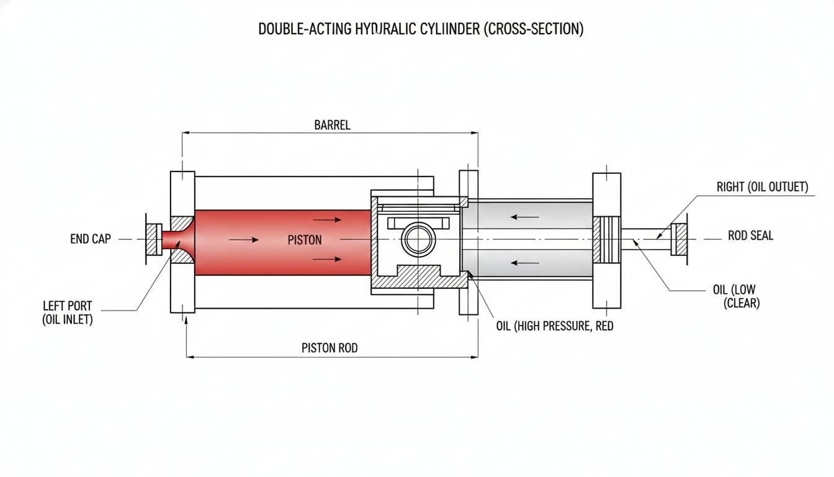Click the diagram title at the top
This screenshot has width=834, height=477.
pos(421,30)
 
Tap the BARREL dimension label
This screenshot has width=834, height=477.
pos(332,125)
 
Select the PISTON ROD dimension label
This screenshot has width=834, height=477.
pos(330,348)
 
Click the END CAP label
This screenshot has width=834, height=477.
pos(91,239)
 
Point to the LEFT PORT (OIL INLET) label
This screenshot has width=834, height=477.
pos(67,313)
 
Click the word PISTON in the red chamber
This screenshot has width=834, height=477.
pos(305,240)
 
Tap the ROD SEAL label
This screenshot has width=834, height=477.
pos(750,236)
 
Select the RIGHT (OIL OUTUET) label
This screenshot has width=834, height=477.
pos(762,187)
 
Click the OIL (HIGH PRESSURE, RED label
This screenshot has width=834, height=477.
pos(554,325)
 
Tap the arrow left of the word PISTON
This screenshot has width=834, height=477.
pos(243,240)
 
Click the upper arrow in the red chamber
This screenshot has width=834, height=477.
pos(327,219)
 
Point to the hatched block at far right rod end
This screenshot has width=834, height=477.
pos(679,239)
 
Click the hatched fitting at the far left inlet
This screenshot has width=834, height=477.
pos(153,239)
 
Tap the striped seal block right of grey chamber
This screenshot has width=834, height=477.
pos(606,239)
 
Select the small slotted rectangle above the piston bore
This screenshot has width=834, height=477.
pos(418,222)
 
